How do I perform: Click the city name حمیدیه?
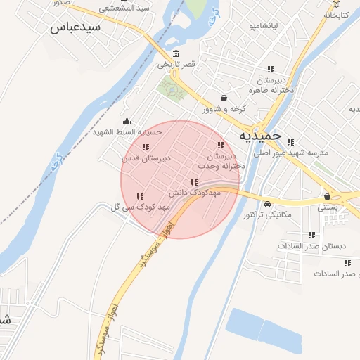coord(259,135)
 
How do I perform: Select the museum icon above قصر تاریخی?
coord(175,54)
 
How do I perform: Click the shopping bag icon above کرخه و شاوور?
coord(224,98)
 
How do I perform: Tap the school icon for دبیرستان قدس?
coord(146,147)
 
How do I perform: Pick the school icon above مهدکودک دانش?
coord(194,181)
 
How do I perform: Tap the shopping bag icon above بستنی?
coord(327,196)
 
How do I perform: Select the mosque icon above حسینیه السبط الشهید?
coord(127,121)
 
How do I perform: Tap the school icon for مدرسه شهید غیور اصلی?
coord(290,141)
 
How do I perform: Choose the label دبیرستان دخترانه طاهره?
coord(268,85)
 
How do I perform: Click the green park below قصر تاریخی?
coord(169,88)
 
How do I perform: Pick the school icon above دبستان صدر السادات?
coord(311,235)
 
